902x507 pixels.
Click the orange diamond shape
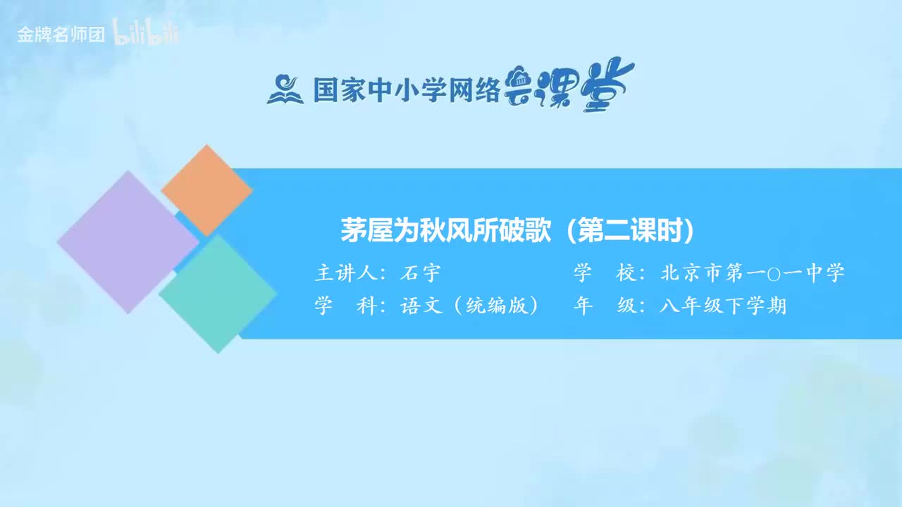click(x=206, y=190)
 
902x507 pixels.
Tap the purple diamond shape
click(x=128, y=242)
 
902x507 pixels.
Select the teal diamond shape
click(x=218, y=293)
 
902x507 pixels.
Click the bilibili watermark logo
click(x=147, y=35)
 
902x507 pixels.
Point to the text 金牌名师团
click(x=61, y=35)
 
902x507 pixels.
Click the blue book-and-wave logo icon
click(x=285, y=89)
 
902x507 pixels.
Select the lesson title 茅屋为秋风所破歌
click(x=445, y=230)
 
